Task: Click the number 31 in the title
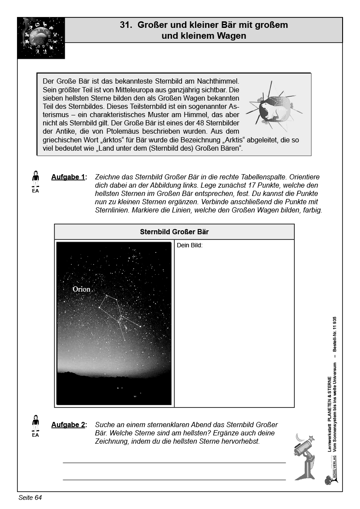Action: tap(125, 25)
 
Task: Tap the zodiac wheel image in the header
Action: tap(41, 38)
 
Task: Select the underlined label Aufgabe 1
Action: tap(68, 177)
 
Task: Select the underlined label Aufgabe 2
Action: tap(68, 425)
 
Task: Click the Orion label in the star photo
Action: tap(81, 289)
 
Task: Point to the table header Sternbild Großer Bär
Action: tap(174, 232)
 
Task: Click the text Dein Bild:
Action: tap(190, 245)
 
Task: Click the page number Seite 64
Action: tap(30, 497)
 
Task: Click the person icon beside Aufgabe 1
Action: tap(36, 179)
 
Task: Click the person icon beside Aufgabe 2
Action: tap(36, 422)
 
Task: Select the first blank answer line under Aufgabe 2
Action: tap(174, 462)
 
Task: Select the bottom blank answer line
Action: tap(174, 479)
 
